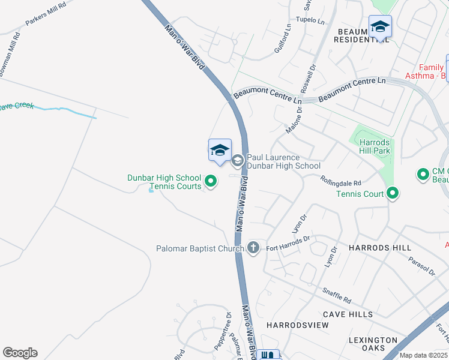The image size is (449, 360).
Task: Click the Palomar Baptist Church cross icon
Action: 253,247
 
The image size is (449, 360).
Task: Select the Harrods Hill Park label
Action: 375,146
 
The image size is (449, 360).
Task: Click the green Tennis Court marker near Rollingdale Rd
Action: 393,193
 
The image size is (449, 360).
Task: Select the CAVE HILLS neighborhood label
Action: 348,314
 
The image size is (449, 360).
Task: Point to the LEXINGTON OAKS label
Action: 373,344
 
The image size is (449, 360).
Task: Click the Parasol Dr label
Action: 421,267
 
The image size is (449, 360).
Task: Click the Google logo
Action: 20,353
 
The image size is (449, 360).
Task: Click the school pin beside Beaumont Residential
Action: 380,28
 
